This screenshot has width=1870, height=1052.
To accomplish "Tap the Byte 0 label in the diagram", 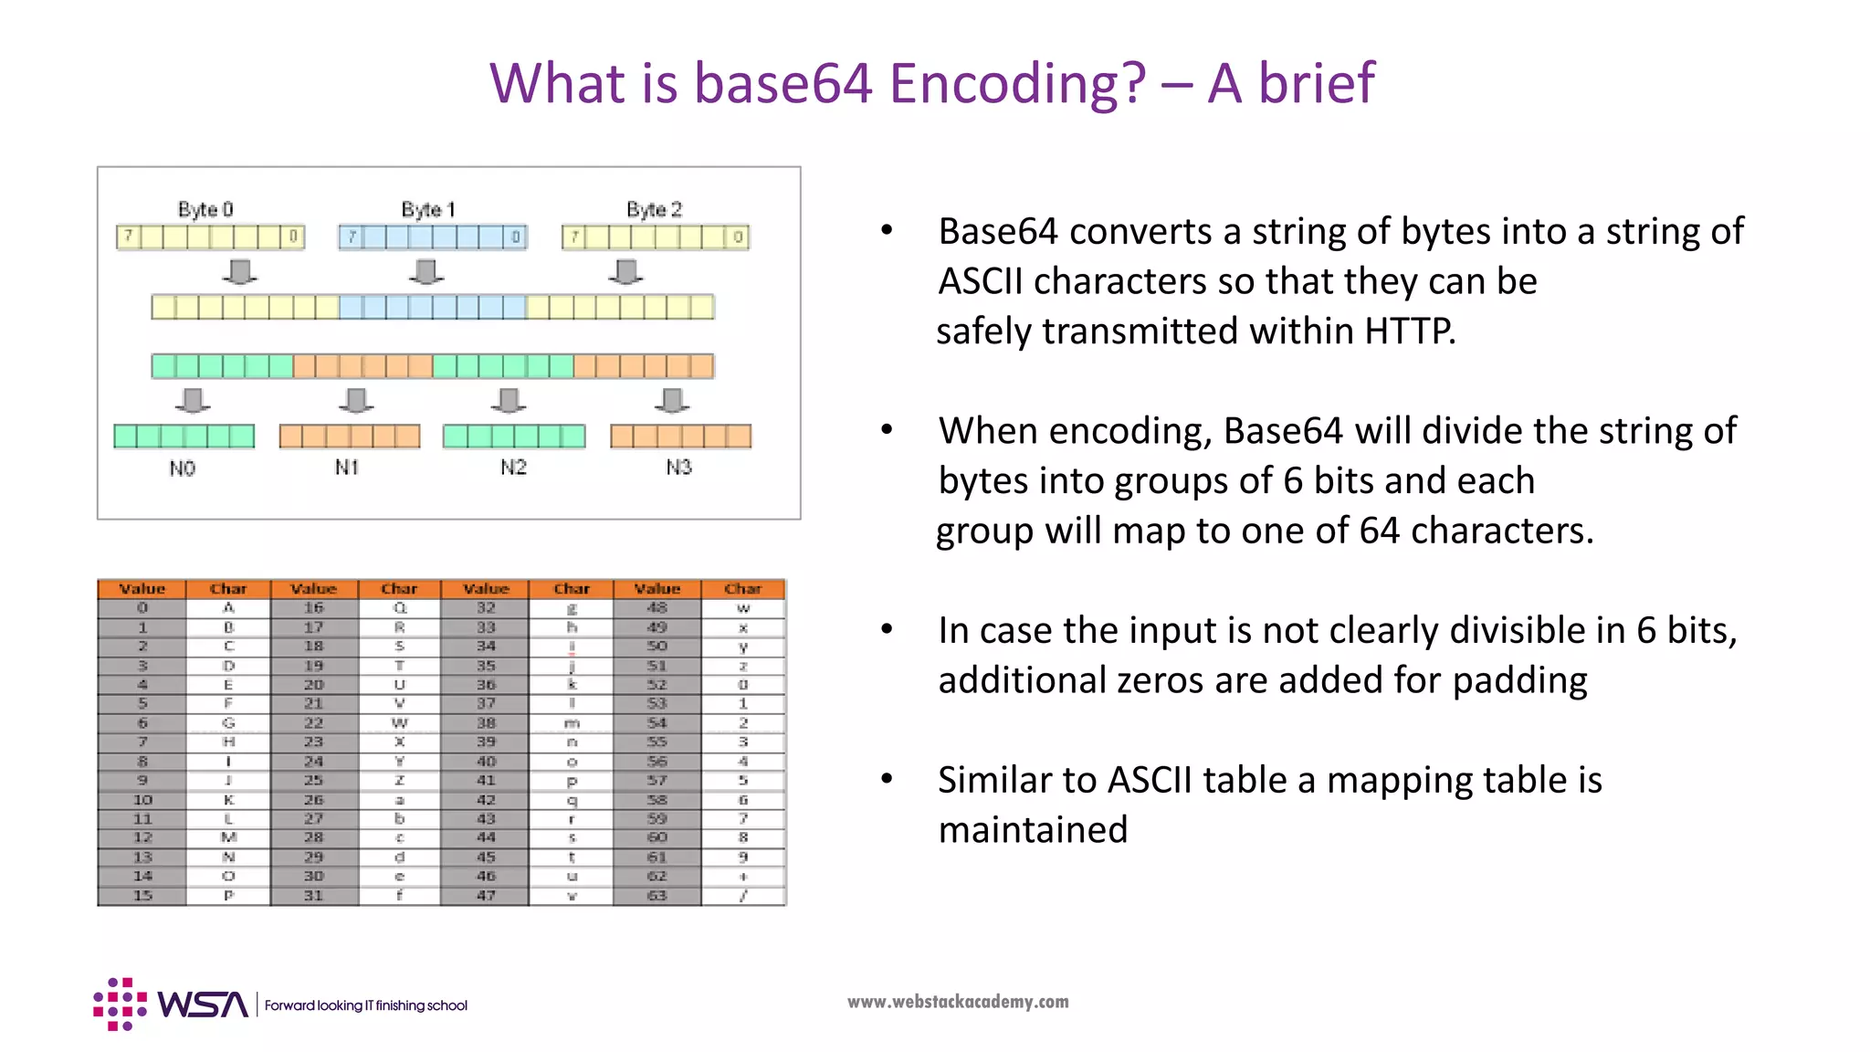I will point(205,209).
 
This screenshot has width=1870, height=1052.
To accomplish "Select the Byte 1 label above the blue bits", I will point(428,209).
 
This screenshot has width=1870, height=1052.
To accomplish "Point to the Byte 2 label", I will point(654,209).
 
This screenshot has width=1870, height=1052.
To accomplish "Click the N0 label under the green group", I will point(182,468).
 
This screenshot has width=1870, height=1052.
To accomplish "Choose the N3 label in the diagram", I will point(678,468).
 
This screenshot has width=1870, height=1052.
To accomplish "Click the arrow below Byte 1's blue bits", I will point(426,271).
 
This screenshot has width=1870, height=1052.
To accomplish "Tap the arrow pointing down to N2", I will point(509,400).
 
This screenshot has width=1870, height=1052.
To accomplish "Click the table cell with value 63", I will point(657,896).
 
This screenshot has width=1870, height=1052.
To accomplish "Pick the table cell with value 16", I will point(313,607).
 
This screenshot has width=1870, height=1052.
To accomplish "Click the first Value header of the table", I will point(142,589).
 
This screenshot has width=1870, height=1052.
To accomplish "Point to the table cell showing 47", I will point(486,896).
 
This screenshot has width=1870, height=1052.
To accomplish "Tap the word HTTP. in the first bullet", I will point(1410,331).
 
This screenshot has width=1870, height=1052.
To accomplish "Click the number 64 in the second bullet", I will point(1379,531).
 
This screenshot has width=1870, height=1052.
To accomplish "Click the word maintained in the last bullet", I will point(1033,830).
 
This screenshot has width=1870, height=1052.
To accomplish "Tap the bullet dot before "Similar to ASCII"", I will point(887,779).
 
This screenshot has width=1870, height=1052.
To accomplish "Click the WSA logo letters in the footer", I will point(203,1005).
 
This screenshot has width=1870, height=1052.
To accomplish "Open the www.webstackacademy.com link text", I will point(958,1002).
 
